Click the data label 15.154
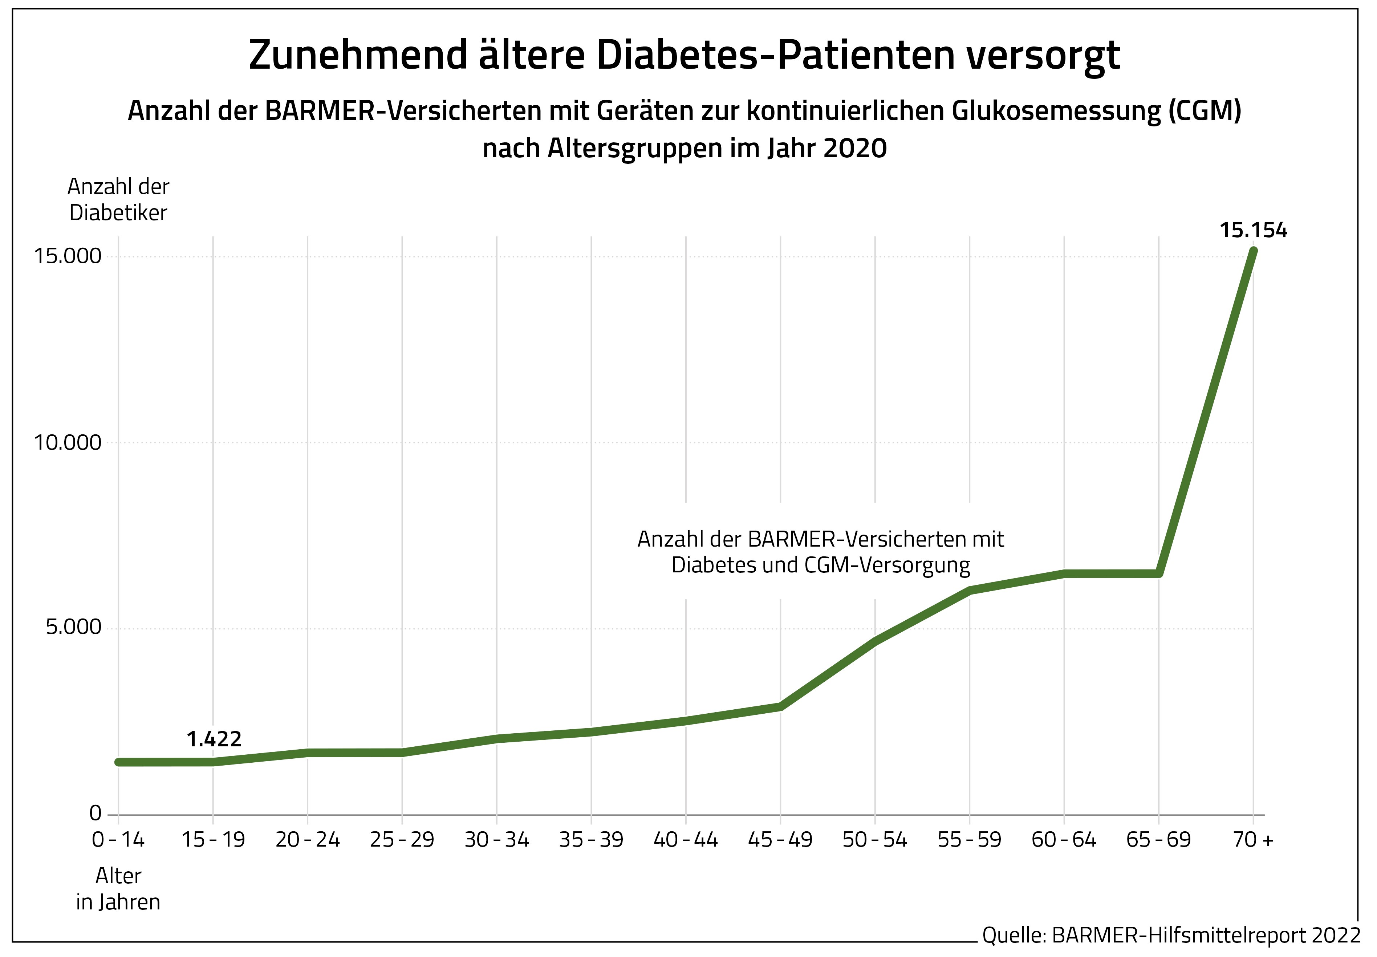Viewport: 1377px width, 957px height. tap(1253, 230)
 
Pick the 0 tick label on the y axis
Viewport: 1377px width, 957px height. tap(95, 813)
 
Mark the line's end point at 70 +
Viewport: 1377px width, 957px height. tap(1253, 251)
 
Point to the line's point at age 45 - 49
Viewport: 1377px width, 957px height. tap(780, 706)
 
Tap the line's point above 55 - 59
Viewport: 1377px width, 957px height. tap(969, 591)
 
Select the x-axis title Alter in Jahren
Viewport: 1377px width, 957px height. tap(118, 889)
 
